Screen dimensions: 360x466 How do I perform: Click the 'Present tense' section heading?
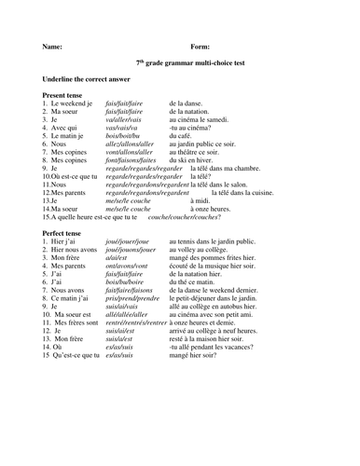(68, 96)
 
